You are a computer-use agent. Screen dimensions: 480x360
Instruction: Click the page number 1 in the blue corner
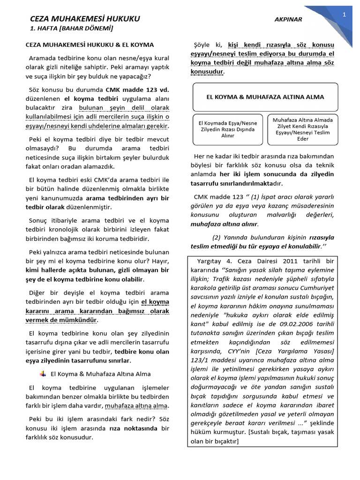(344, 15)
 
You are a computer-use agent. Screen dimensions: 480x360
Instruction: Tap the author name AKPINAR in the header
(288, 20)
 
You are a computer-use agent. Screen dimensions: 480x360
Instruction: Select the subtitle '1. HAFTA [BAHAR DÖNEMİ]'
(72, 29)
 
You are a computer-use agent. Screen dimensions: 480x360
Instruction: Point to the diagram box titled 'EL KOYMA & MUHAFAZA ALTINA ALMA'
(265, 97)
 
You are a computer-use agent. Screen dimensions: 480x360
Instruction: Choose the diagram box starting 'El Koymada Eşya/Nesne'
(227, 129)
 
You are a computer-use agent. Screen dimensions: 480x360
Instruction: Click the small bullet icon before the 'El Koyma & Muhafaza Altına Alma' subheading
(43, 374)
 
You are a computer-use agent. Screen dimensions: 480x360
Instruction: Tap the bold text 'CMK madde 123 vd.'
(137, 90)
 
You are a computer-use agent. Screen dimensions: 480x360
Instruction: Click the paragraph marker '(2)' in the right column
(216, 237)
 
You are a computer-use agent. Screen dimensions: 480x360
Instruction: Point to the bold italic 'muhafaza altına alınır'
(224, 224)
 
